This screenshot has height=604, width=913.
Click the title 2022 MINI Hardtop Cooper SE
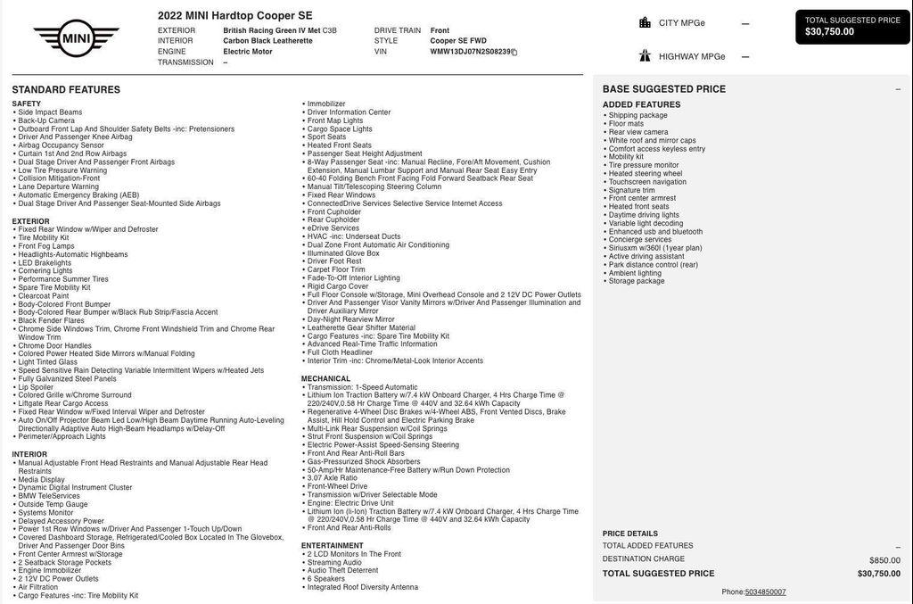(x=234, y=15)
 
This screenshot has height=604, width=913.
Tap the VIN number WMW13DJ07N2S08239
(x=471, y=52)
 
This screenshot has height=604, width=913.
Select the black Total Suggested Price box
(x=852, y=27)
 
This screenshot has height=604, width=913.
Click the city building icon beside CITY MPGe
(x=645, y=22)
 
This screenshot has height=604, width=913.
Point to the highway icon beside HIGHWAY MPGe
(x=645, y=55)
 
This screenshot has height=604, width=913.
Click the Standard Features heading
(x=66, y=90)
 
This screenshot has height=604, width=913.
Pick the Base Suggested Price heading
(x=663, y=89)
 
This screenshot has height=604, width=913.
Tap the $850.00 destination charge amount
(x=884, y=560)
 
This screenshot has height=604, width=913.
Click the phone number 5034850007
(x=765, y=592)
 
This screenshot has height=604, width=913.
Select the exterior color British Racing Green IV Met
(x=271, y=30)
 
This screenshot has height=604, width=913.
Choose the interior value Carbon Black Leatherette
(x=267, y=41)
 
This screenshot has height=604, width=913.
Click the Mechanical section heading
(x=325, y=378)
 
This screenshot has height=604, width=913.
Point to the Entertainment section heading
(x=332, y=545)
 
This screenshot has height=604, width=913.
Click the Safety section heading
(x=26, y=104)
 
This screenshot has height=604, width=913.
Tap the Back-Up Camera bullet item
(x=46, y=120)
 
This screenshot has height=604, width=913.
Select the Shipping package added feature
(x=637, y=115)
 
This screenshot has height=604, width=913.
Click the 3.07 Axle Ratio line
(x=332, y=478)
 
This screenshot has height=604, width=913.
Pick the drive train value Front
(x=440, y=30)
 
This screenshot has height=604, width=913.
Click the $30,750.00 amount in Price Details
(x=878, y=574)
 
